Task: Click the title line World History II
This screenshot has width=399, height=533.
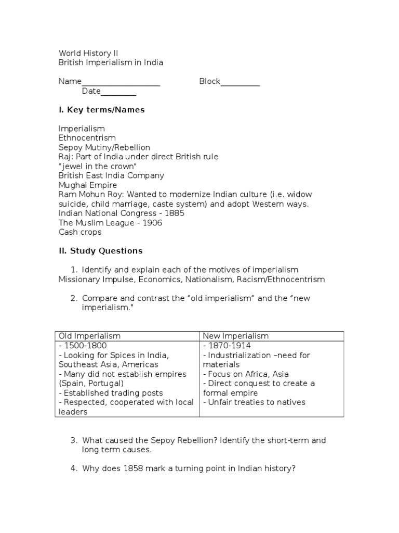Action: [85, 53]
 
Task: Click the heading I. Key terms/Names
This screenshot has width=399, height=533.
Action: [101, 110]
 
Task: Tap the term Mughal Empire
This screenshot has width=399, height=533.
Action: [88, 185]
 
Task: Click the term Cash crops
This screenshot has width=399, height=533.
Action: [80, 232]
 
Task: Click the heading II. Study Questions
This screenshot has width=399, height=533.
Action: [100, 251]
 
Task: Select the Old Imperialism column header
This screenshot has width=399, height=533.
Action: [89, 336]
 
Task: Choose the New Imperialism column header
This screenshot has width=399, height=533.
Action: [235, 336]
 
